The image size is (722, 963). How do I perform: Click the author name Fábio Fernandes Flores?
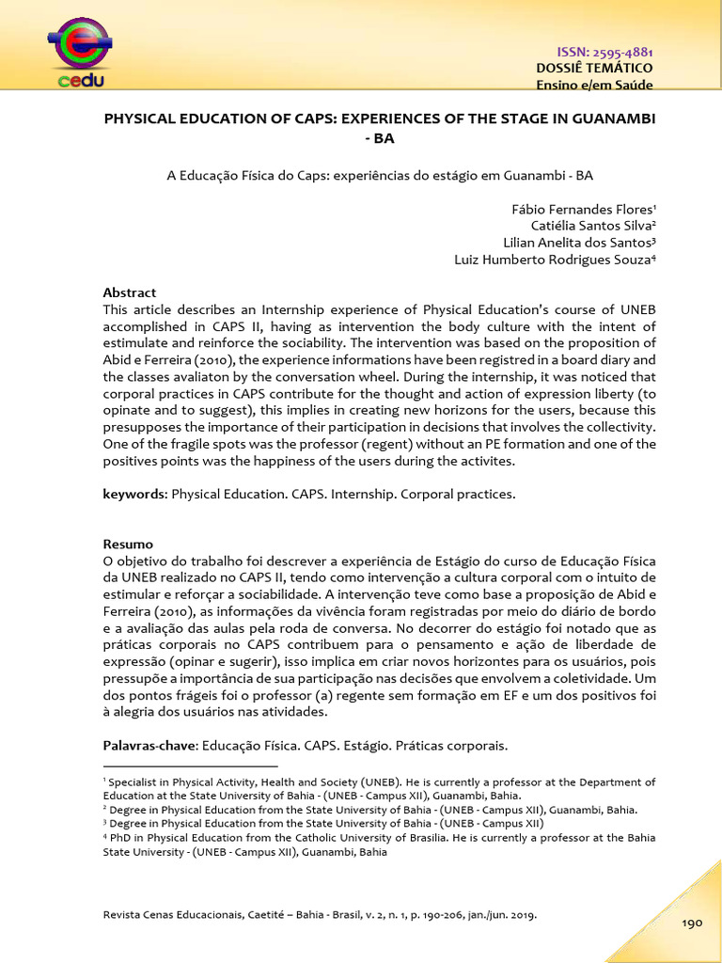pyautogui.click(x=582, y=209)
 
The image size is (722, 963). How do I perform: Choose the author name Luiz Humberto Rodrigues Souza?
pyautogui.click(x=555, y=260)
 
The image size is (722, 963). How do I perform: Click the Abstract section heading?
pyautogui.click(x=130, y=292)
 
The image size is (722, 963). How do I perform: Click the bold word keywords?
pyautogui.click(x=133, y=494)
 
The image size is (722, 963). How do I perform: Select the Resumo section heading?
pyautogui.click(x=127, y=545)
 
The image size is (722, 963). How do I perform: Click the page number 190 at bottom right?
pyautogui.click(x=692, y=924)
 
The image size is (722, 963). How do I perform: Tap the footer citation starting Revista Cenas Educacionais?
pyautogui.click(x=321, y=913)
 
